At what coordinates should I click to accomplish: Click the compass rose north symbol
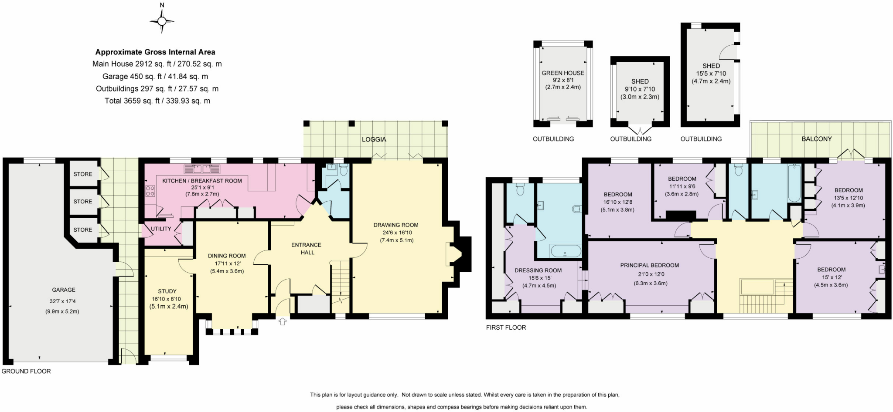pos(162,20)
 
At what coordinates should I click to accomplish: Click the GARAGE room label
pos(64,290)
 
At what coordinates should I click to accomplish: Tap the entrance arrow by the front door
pos(283,321)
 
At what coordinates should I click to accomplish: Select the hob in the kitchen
pos(150,190)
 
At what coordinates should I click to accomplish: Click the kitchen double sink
pos(202,169)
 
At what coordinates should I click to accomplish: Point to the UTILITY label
pos(161,229)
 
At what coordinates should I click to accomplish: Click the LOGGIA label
pos(374,139)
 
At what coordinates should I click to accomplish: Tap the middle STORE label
pos(83,201)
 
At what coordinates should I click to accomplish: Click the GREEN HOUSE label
pos(562,73)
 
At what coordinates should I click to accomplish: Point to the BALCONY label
pos(816,138)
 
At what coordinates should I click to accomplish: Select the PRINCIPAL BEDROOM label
pos(649,265)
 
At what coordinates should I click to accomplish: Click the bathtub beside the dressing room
pos(566,251)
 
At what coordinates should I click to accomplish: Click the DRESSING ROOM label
pos(538,270)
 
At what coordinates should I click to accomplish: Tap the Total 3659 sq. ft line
pos(157,101)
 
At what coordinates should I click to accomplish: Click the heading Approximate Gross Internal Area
pos(155,52)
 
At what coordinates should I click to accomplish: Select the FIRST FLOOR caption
pos(506,327)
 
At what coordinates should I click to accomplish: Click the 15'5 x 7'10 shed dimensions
pos(711,73)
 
